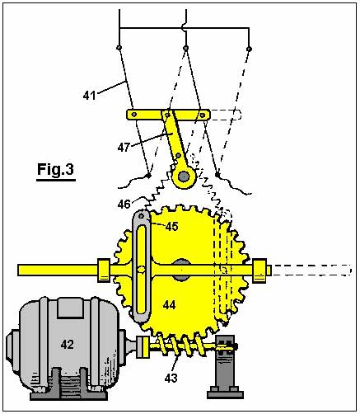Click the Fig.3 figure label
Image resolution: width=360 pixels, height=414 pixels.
(56, 169)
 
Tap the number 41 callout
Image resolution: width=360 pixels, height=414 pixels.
(90, 96)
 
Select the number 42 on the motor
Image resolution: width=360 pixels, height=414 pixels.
(68, 344)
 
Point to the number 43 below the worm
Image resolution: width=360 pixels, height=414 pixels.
(171, 379)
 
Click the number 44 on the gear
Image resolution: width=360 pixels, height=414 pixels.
(169, 304)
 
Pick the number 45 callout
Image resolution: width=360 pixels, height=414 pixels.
(172, 227)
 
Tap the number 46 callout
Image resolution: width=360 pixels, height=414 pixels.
(124, 205)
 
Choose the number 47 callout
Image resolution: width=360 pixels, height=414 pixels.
(124, 148)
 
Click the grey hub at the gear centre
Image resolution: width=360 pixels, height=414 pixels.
(181, 270)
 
